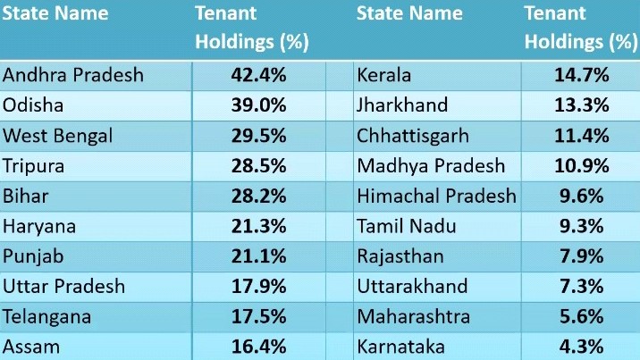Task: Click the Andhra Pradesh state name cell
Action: coord(73,75)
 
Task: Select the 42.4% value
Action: coord(258,75)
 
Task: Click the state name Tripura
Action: coord(35,166)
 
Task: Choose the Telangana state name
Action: coord(46,316)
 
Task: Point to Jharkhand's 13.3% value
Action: coord(581,105)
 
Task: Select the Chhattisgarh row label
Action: coord(409,136)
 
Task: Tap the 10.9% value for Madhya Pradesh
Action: coord(581,166)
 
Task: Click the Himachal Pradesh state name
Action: coord(436,196)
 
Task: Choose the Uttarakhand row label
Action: coord(412,287)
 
